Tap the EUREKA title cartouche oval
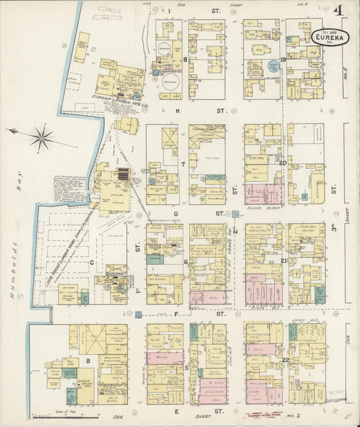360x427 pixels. (327, 37)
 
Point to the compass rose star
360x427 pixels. (42, 138)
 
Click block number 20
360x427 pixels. (283, 163)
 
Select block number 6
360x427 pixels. (185, 261)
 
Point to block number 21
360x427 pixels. (284, 261)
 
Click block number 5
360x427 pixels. (186, 368)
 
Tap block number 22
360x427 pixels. (286, 359)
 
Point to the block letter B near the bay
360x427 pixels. (87, 361)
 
